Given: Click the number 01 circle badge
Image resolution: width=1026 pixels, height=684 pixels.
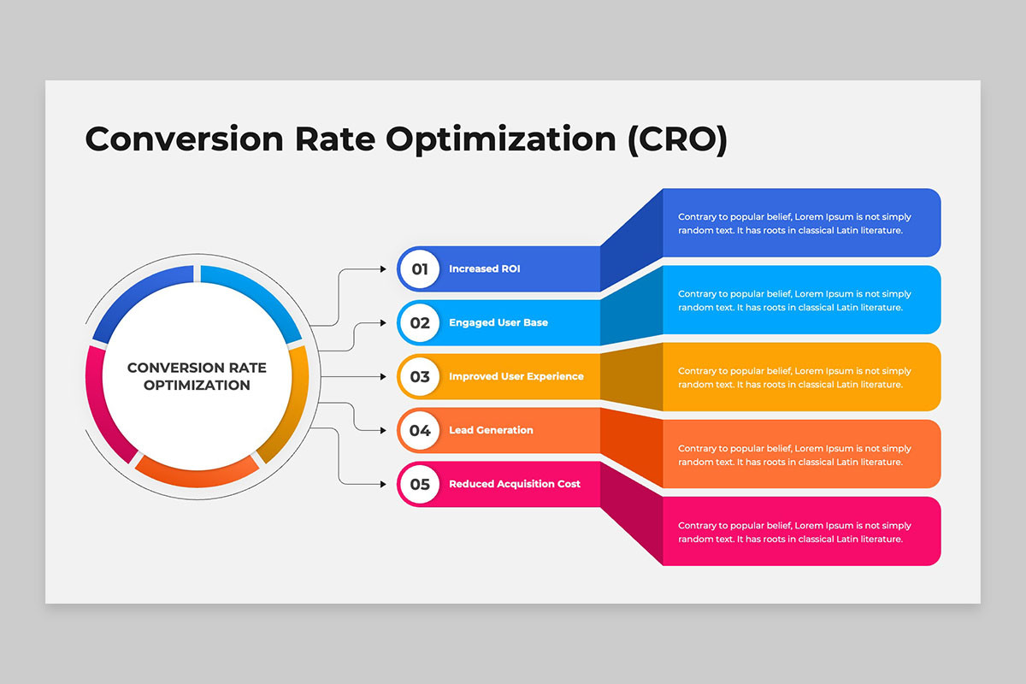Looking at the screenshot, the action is pos(420,269).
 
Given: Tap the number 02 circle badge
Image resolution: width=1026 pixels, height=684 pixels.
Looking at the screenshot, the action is pos(420,323).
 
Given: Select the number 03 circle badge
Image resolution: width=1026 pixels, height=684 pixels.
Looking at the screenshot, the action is pos(420,376).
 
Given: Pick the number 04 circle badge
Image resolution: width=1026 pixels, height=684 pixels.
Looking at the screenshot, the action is pos(420,431).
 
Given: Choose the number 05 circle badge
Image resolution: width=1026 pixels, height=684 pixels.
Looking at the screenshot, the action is pos(420,484).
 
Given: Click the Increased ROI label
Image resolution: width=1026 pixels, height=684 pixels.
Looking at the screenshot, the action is pos(485,269).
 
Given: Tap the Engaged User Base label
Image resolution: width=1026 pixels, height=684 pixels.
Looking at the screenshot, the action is pos(498,323).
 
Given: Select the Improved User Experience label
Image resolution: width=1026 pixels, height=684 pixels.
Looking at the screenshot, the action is pos(516,376).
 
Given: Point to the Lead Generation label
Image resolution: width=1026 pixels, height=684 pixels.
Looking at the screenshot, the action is pos(491,430).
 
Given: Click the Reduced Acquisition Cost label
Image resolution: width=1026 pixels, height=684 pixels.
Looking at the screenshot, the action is pos(515,484).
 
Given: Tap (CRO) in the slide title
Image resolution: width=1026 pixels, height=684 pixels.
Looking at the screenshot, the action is pos(677,139).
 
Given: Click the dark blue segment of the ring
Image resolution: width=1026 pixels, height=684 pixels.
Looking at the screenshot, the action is pos(138,293).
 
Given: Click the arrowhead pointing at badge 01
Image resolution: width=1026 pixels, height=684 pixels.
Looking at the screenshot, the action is pos(383,269).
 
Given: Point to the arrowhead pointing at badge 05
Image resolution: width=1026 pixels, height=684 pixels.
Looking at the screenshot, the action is pos(383,484).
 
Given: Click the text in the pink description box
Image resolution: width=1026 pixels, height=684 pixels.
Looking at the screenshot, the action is pos(794,533).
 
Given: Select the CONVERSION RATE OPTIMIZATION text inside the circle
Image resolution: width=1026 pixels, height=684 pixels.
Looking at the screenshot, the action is pos(197,376).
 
